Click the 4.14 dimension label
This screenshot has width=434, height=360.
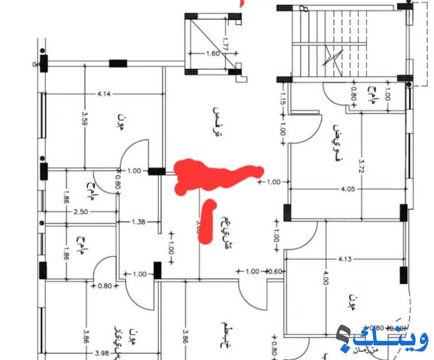104,94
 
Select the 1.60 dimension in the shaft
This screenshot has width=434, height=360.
213,54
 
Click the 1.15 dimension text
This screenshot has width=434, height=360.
283,98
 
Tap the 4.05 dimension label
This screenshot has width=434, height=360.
348,190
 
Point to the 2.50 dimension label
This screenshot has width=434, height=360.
81,211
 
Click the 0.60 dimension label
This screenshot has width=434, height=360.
276,272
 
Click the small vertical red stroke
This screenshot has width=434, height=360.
206,221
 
